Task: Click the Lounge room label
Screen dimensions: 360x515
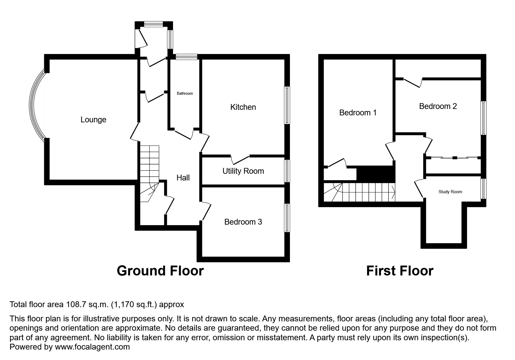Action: click(93, 120)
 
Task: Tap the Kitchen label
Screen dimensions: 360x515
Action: click(243, 107)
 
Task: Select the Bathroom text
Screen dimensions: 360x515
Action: click(185, 93)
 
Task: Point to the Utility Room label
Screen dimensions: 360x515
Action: click(243, 171)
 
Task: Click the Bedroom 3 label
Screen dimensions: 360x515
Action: click(243, 222)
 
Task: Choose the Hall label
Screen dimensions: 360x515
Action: click(183, 178)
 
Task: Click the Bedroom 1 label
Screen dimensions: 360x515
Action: click(358, 113)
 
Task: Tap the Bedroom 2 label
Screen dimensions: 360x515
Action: click(438, 106)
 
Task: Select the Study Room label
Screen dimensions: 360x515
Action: click(450, 192)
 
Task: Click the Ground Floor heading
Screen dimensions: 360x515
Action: click(160, 271)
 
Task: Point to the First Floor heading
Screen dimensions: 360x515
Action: click(400, 271)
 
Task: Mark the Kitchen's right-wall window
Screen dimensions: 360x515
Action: click(287, 105)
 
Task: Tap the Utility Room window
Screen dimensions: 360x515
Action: click(287, 171)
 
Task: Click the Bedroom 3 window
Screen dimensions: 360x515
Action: click(287, 218)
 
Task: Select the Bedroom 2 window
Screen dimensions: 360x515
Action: click(483, 118)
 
